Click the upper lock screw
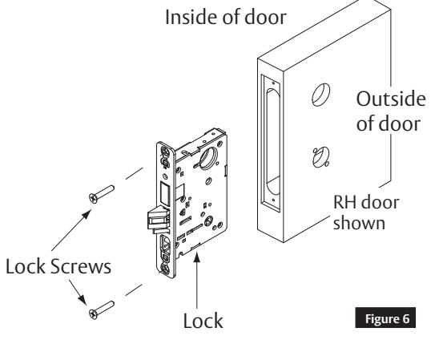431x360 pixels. [102, 194]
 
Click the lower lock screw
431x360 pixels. [102, 310]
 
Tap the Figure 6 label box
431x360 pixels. [385, 318]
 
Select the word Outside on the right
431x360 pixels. [391, 99]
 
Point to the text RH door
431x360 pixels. [366, 202]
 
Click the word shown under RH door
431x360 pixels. [359, 222]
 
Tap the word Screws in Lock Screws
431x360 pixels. [81, 266]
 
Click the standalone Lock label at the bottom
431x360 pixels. [203, 321]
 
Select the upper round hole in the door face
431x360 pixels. [320, 95]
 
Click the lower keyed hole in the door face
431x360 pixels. [321, 157]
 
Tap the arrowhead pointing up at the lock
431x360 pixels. [196, 257]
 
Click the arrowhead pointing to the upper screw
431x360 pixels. [87, 214]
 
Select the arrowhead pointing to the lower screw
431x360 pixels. [82, 300]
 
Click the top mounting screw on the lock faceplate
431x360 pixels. [166, 152]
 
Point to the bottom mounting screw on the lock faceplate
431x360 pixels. [166, 269]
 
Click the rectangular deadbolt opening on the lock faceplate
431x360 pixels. [165, 193]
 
